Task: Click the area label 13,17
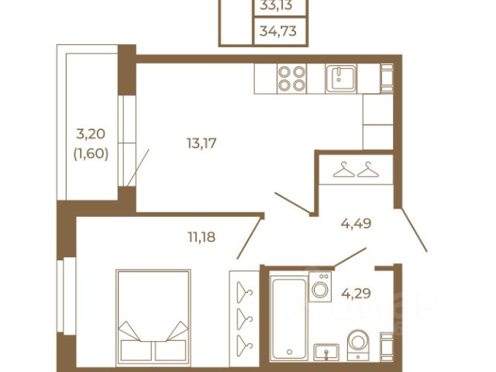(201, 143)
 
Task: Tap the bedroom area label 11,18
(201, 236)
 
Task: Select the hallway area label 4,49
(356, 223)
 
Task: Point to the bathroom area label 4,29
(356, 293)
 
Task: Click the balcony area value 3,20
(91, 134)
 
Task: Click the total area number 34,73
(278, 31)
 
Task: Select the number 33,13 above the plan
(276, 5)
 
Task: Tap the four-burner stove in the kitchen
(291, 78)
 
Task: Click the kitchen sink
(341, 78)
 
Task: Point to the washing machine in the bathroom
(320, 287)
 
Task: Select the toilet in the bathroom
(358, 344)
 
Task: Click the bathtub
(289, 318)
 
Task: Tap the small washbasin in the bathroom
(326, 352)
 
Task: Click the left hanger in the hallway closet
(344, 170)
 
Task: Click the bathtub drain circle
(289, 352)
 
